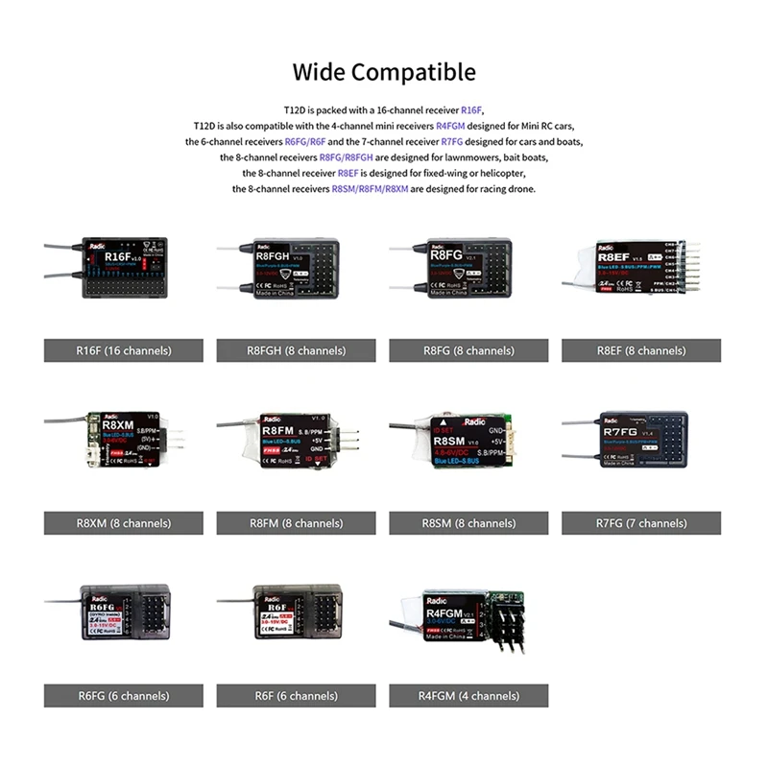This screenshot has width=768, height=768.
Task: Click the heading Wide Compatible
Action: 384,72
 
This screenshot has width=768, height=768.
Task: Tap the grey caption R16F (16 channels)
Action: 123,350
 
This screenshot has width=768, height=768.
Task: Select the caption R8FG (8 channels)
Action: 468,350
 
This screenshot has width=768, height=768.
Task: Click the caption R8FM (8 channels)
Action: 296,523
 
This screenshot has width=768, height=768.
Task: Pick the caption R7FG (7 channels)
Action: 641,523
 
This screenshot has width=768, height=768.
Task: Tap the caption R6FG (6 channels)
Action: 123,696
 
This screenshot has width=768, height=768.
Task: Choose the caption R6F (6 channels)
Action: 296,696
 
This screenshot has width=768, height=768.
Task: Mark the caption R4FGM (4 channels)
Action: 468,696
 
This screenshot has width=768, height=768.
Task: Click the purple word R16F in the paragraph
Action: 472,110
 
